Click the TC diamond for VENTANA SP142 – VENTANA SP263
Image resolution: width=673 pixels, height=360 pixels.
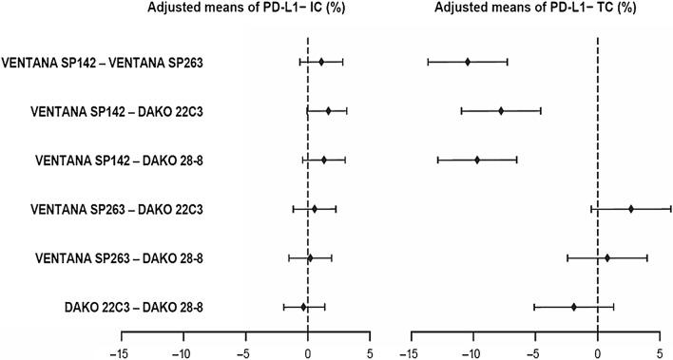click(x=468, y=62)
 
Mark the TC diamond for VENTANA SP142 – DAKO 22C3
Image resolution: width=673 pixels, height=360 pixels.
click(x=501, y=110)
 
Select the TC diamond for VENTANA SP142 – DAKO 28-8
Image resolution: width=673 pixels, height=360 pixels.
click(x=477, y=160)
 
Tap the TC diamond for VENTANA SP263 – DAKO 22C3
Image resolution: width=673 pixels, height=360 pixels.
click(x=630, y=208)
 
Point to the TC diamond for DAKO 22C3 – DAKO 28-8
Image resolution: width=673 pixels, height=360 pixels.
click(x=574, y=306)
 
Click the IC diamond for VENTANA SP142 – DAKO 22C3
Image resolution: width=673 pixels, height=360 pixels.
click(x=329, y=110)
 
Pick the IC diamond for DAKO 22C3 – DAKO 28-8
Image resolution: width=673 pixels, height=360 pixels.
click(x=304, y=306)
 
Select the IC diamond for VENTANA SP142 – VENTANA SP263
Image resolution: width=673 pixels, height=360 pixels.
click(x=321, y=62)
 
